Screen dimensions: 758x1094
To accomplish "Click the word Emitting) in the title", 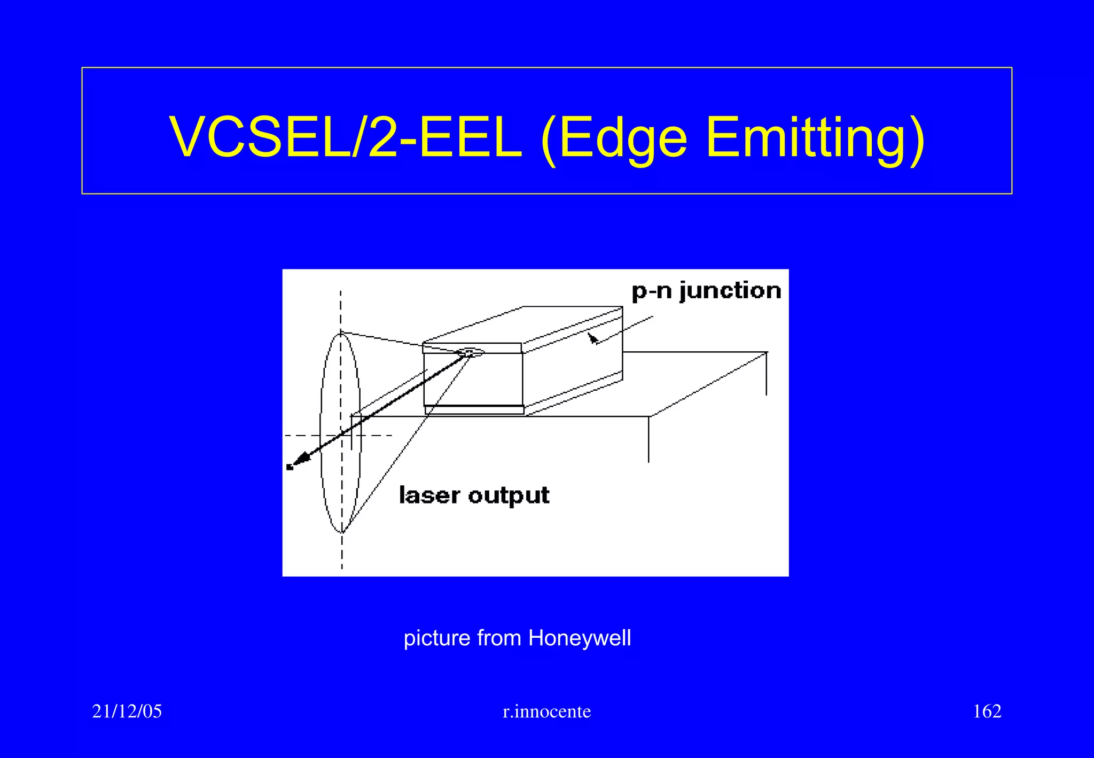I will point(815,137).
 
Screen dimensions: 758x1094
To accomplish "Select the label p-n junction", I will point(706,291).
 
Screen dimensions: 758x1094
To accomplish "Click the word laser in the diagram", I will point(429,495).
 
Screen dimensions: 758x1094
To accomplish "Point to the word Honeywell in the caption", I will point(580,638).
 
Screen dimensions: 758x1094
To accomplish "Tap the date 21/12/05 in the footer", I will point(127,711).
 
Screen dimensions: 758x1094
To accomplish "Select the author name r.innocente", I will point(546,711).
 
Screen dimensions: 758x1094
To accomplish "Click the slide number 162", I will point(987,711).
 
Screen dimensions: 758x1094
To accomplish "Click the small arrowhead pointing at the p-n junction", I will point(592,338).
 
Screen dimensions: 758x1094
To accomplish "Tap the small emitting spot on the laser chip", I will point(469,352).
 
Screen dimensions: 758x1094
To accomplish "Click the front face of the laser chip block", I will point(473,382).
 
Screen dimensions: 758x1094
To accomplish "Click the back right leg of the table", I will point(767,374).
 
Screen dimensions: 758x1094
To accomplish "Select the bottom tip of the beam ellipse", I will point(342,532).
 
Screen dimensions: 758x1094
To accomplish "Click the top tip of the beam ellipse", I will point(341,334).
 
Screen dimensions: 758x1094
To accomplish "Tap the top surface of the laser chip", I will point(523,326).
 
